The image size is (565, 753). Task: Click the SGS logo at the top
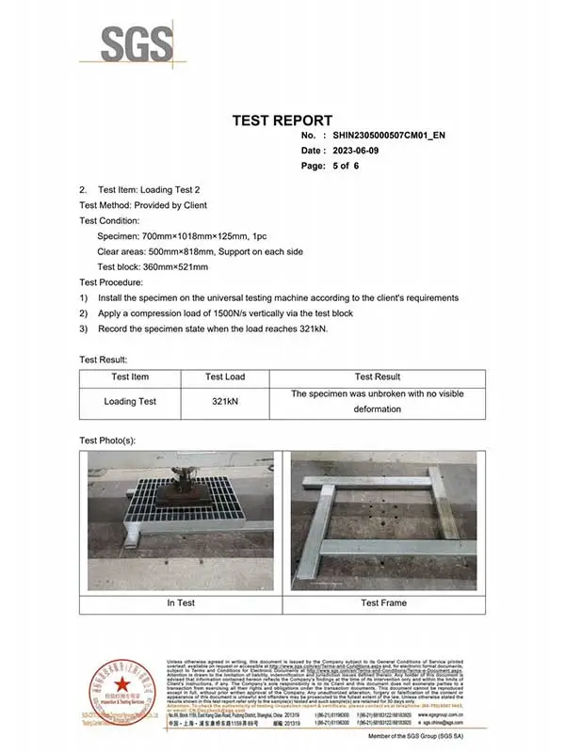click(138, 43)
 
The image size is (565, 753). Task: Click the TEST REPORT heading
click(282, 120)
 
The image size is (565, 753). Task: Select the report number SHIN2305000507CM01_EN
click(389, 136)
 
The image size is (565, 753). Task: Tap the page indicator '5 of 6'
click(344, 166)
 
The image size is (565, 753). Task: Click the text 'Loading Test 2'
click(169, 190)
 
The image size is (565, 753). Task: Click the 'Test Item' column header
click(130, 376)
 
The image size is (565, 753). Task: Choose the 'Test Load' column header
click(225, 376)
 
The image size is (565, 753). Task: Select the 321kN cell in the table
click(225, 402)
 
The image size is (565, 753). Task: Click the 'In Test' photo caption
click(181, 602)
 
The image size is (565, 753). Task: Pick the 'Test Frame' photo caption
click(383, 602)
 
